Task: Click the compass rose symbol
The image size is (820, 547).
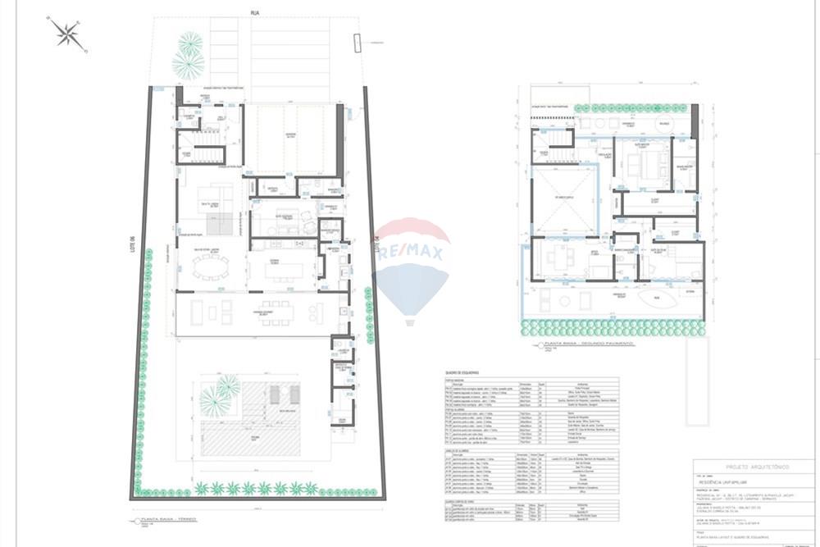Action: (x=67, y=34)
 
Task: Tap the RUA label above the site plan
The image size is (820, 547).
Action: (x=255, y=12)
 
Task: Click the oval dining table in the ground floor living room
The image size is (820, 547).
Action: (x=211, y=267)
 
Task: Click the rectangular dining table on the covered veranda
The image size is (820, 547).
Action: (x=276, y=312)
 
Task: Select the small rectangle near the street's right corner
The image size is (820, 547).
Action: (x=358, y=43)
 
